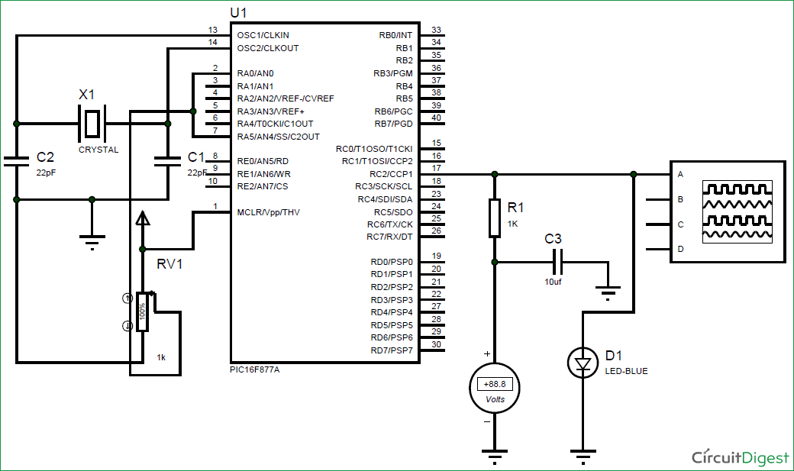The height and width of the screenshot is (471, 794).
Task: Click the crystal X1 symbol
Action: point(92,123)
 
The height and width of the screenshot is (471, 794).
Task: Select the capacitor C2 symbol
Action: point(15,161)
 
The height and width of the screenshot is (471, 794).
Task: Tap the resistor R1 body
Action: point(495,218)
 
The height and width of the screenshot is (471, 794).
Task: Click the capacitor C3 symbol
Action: point(558,262)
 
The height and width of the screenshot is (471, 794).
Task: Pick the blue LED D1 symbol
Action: point(583,363)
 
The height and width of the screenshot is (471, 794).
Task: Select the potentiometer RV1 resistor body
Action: point(142,312)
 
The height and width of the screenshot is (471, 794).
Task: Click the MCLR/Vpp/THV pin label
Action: point(268,211)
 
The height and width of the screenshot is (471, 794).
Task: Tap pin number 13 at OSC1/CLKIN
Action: point(213,30)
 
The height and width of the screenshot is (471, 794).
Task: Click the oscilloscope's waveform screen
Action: point(738,211)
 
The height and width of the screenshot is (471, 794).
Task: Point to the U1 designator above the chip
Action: point(238,13)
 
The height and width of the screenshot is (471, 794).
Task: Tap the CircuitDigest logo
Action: point(740,456)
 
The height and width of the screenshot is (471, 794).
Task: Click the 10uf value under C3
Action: point(554,282)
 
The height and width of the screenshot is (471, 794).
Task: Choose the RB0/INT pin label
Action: point(395,35)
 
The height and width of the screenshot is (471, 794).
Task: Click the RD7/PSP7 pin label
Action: point(391,350)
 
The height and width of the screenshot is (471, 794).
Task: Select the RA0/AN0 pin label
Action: point(255,73)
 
